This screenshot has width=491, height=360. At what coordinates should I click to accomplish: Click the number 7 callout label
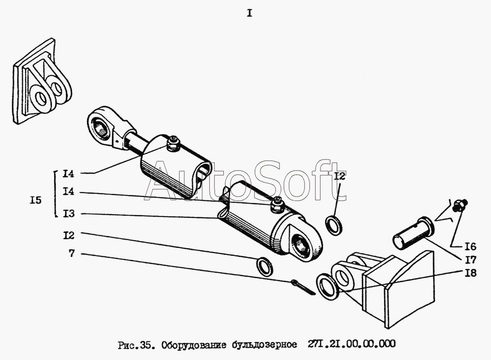(x=72, y=253)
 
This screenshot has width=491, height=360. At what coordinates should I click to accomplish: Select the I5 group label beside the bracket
(x=36, y=200)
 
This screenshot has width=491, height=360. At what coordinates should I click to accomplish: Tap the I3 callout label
(x=69, y=214)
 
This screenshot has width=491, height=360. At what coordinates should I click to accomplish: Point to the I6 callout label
(x=470, y=247)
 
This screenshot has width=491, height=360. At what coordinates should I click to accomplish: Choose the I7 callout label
(x=470, y=260)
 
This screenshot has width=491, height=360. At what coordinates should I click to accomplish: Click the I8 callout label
(x=470, y=273)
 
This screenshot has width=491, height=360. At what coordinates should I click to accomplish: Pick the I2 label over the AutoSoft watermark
(x=339, y=176)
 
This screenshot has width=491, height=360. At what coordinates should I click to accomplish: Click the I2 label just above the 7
(x=69, y=235)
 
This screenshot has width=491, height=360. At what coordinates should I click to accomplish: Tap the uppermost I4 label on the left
(x=68, y=173)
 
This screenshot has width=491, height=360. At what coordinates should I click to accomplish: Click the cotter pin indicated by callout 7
(x=303, y=287)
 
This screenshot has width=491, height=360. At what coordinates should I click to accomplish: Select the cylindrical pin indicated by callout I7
(x=413, y=232)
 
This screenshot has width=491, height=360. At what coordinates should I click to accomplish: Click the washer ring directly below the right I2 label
(x=334, y=225)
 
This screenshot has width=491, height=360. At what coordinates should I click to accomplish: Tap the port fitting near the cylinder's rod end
(x=172, y=143)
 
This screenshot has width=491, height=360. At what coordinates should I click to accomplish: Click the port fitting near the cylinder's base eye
(x=277, y=205)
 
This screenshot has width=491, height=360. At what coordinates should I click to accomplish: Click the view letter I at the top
(x=249, y=13)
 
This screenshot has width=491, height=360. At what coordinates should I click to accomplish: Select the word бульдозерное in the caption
(x=265, y=345)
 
